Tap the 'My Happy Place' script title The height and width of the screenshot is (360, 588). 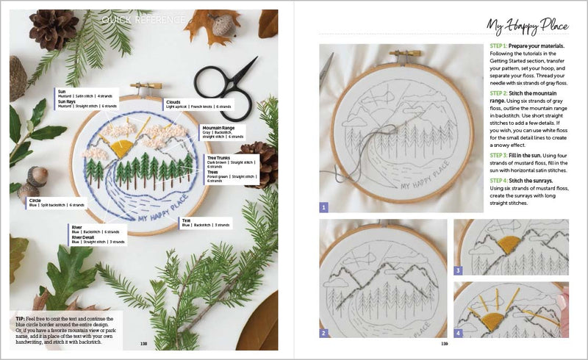point(527,26)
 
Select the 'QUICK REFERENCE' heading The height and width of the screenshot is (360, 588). point(143,19)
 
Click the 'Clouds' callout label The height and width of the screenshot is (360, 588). point(173,102)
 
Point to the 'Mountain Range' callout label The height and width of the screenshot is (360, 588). point(217,127)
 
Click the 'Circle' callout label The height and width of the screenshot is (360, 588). point(35,200)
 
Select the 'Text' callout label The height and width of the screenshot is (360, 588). point(187,220)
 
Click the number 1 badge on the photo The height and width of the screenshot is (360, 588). point(323,207)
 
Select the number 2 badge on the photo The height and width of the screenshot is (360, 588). point(323,333)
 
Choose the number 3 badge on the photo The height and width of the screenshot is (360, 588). point(458,270)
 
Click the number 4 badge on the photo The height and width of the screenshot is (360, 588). point(458,333)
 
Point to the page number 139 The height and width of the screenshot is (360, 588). point(444,342)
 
